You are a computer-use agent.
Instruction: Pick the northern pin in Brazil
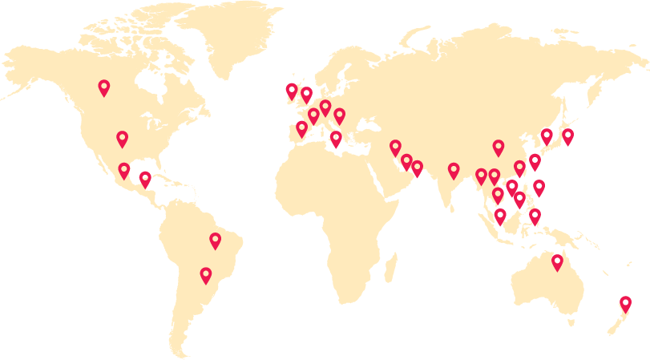[215, 240]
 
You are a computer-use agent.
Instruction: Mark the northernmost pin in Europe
[325, 107]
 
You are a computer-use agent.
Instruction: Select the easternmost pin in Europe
[339, 115]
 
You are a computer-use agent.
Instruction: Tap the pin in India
[454, 170]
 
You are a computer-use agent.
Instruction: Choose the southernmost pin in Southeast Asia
[498, 194]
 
